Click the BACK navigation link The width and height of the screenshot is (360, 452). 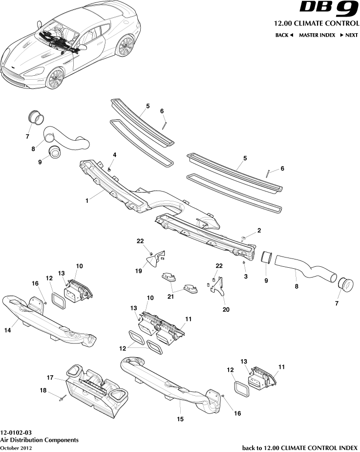click(284, 35)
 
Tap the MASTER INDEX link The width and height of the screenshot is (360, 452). click(317, 35)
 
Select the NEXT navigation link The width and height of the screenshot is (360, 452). click(349, 35)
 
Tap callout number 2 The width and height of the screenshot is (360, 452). click(259, 230)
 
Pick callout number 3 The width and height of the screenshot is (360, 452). click(246, 277)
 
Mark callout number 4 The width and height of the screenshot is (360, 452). click(115, 155)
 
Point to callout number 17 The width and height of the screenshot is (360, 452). click(50, 377)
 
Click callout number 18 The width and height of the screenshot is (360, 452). click(42, 391)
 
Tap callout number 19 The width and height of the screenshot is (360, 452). click(138, 270)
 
